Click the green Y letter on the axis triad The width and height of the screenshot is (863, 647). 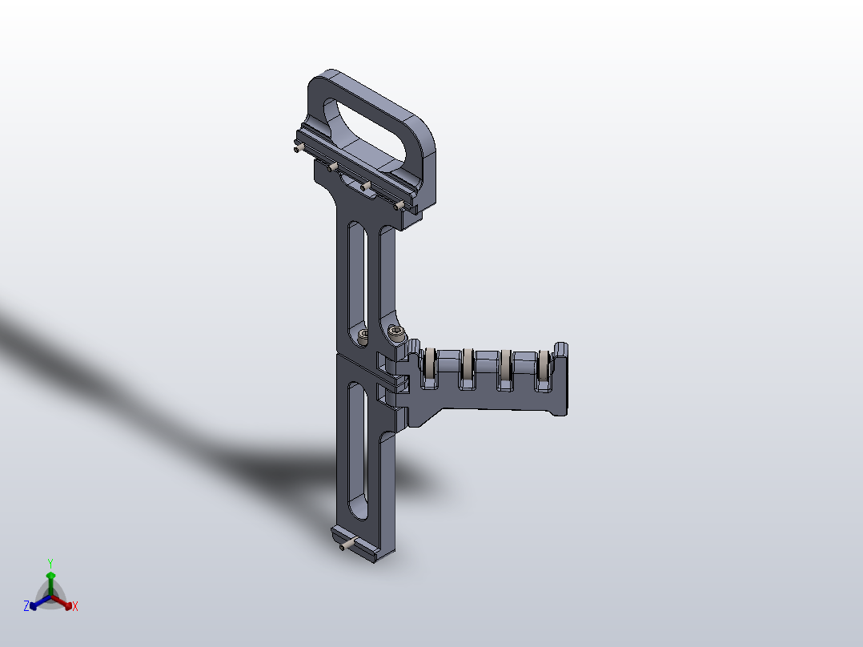point(50,562)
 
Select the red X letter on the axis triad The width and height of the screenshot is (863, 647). point(75,607)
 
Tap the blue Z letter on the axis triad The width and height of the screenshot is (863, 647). point(26,607)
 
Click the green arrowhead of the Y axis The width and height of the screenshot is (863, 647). point(50,575)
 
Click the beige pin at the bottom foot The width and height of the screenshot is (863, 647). point(346,546)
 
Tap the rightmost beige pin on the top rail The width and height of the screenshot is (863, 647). point(399,207)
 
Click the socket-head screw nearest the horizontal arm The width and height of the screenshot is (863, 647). point(395,332)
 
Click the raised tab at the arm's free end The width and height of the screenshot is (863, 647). point(562,351)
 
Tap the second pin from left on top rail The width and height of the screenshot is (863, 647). point(331,167)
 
